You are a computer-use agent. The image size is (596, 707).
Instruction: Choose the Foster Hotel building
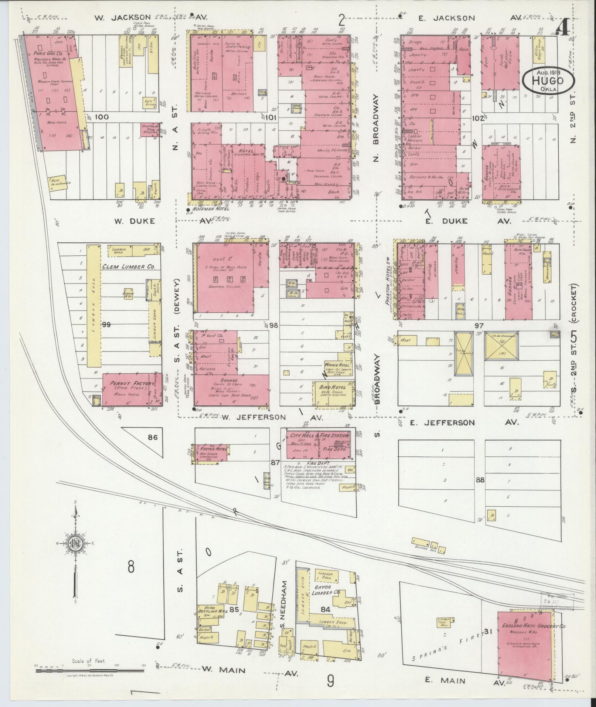coord(211,453)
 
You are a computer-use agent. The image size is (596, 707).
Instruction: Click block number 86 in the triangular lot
coord(152,437)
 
